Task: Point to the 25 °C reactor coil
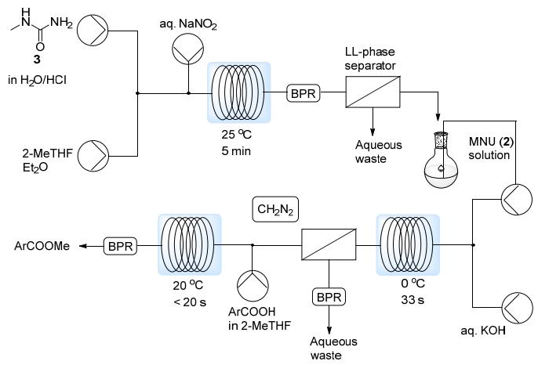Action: pyautogui.click(x=238, y=92)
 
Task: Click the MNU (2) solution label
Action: pyautogui.click(x=492, y=148)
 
